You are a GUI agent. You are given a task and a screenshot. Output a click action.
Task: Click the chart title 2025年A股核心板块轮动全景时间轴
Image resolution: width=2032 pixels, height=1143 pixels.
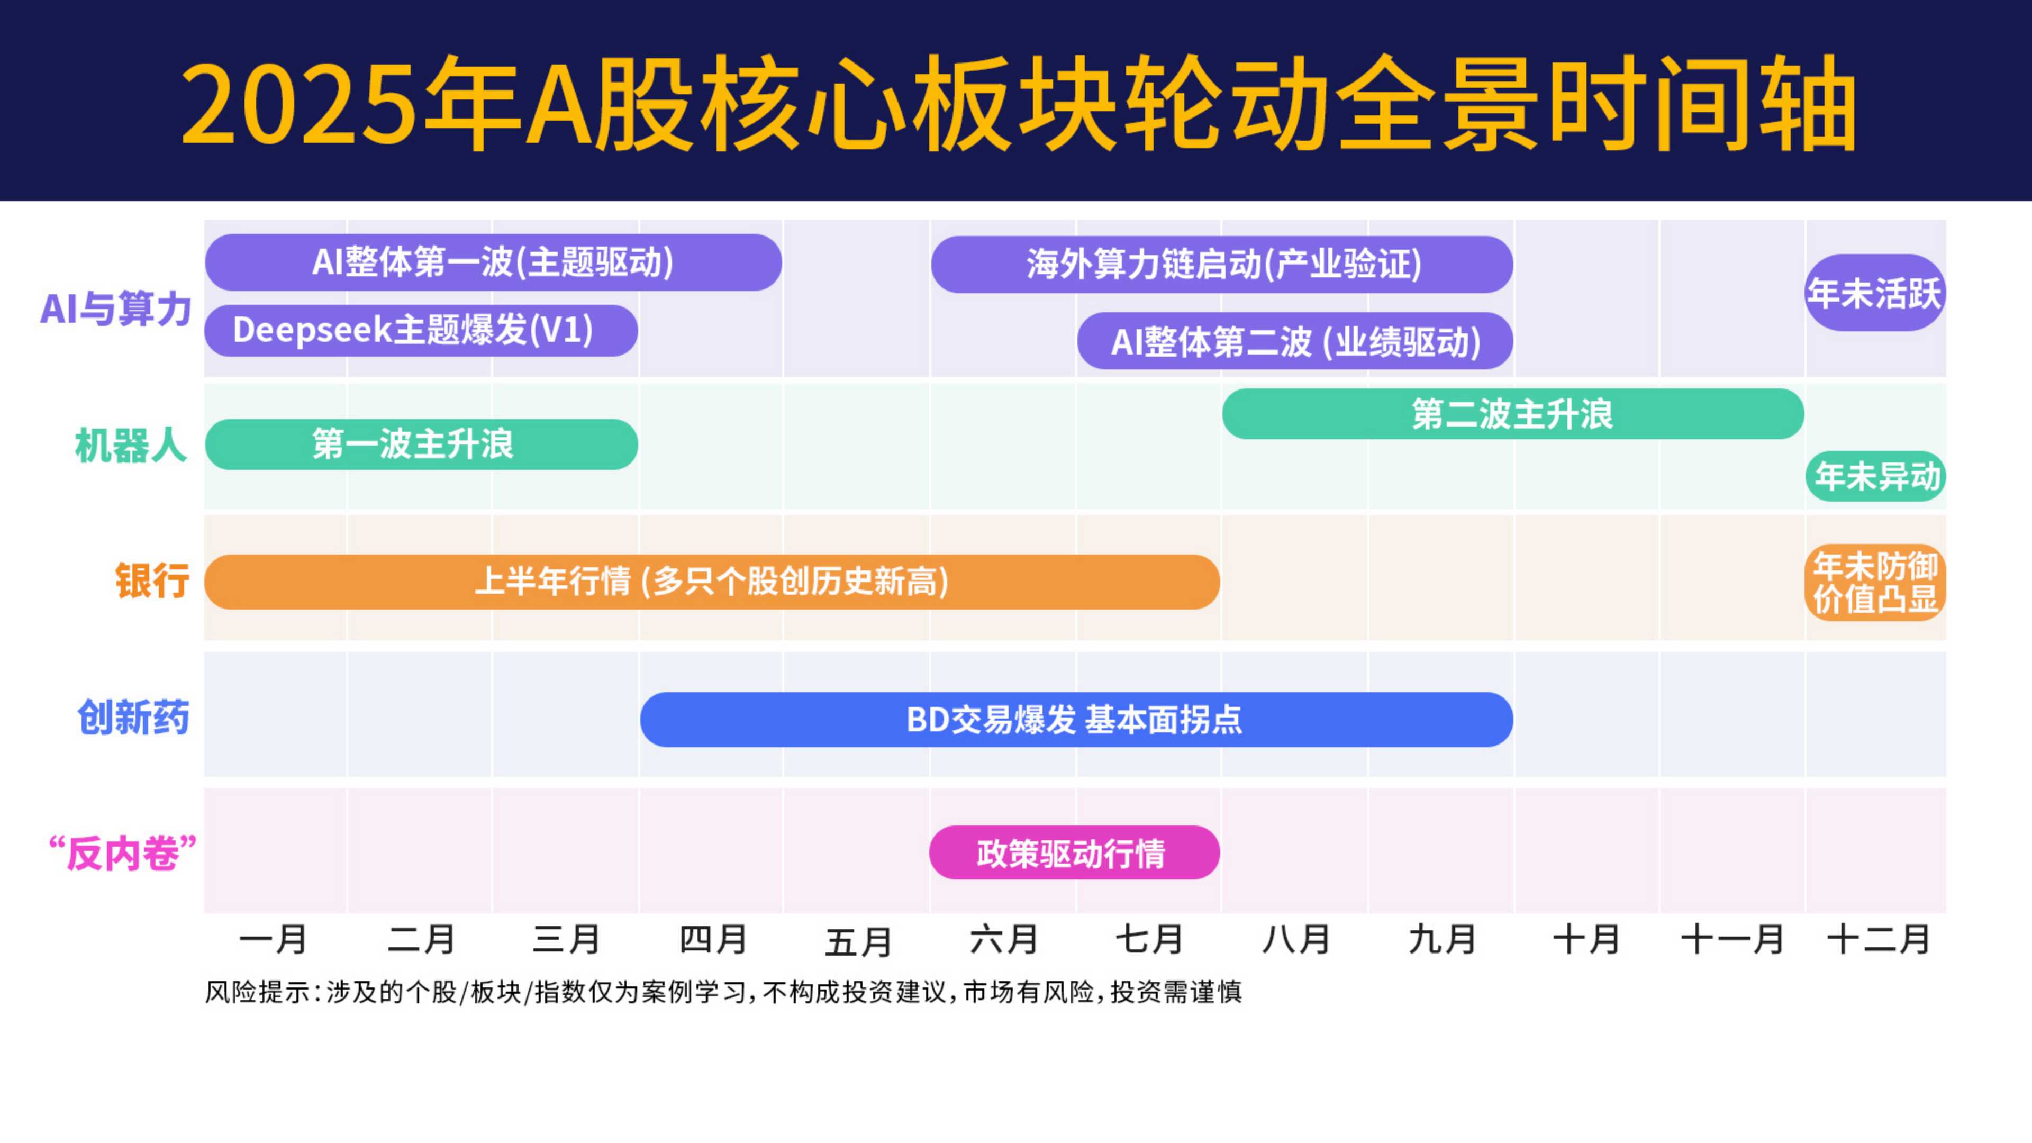(1018, 103)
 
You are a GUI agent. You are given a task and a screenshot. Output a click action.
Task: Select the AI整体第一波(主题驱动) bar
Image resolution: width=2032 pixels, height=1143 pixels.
(493, 262)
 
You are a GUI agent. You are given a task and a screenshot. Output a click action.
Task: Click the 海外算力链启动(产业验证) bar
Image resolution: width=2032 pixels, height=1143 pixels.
(1222, 264)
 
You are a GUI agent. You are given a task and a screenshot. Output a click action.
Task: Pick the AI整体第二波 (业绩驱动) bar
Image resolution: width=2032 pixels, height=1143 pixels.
(1295, 341)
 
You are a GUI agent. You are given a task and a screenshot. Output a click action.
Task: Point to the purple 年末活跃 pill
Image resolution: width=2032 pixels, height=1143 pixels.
(1875, 293)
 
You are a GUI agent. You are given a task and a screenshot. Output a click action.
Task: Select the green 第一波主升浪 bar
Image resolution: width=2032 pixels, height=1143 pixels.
(421, 444)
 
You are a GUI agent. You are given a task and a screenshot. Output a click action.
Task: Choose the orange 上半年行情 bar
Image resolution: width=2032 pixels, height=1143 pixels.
(712, 582)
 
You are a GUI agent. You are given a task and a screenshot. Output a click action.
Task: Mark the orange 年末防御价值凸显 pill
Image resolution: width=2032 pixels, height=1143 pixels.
(1875, 582)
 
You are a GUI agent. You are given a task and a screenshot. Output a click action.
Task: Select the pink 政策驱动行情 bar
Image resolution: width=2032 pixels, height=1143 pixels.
(1074, 852)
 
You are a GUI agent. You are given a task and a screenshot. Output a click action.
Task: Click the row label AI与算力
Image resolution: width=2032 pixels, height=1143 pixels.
(116, 309)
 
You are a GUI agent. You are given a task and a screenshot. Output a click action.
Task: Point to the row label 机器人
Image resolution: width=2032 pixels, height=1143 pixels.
(131, 446)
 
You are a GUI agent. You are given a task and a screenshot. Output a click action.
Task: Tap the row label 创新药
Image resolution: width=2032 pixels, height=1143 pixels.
(133, 718)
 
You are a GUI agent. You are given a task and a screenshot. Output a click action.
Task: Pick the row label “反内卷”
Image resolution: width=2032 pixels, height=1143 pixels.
(122, 854)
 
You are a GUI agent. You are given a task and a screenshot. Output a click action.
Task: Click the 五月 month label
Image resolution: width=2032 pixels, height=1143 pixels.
(859, 941)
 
